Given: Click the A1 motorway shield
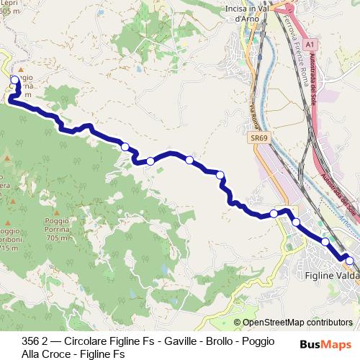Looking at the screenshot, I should click(x=309, y=45).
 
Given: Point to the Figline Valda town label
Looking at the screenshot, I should click(x=328, y=276).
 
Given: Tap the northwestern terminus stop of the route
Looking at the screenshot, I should click(x=14, y=80).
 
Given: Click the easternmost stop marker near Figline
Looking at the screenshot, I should click(x=350, y=261).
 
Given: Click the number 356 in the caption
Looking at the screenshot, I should click(x=31, y=341).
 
